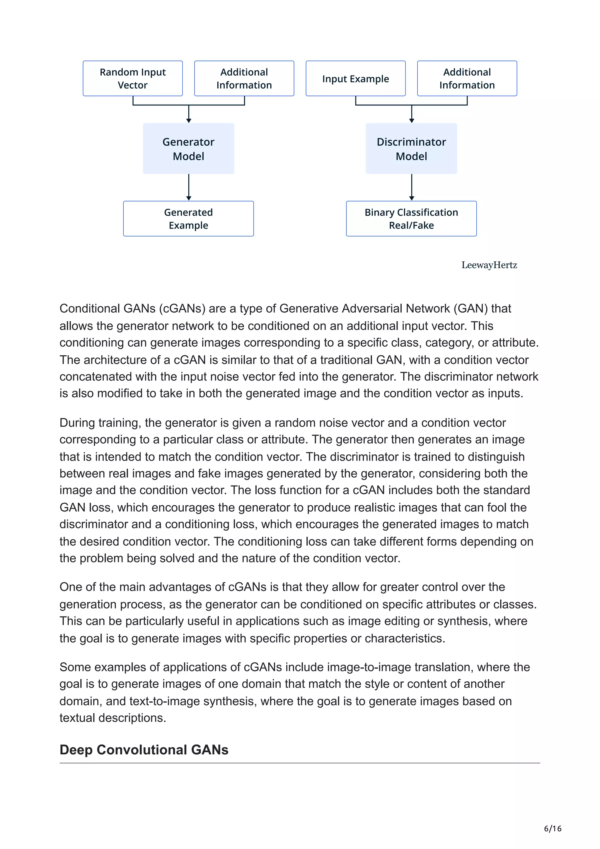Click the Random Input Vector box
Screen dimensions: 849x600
click(132, 79)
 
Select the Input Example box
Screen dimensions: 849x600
click(355, 79)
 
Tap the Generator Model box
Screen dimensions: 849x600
click(189, 149)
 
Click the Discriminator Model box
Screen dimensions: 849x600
click(411, 149)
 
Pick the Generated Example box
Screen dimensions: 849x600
click(189, 219)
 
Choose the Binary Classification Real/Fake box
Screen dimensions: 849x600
click(411, 219)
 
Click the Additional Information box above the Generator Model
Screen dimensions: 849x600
click(244, 79)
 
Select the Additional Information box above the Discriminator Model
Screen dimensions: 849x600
click(467, 79)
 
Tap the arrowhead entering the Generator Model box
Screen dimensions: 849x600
click(189, 120)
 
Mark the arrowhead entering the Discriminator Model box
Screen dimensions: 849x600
click(411, 120)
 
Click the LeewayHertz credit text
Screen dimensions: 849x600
click(489, 265)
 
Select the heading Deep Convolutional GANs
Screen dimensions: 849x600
click(144, 749)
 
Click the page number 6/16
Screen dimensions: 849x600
click(552, 828)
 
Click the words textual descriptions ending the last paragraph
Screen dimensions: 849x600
click(113, 718)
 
